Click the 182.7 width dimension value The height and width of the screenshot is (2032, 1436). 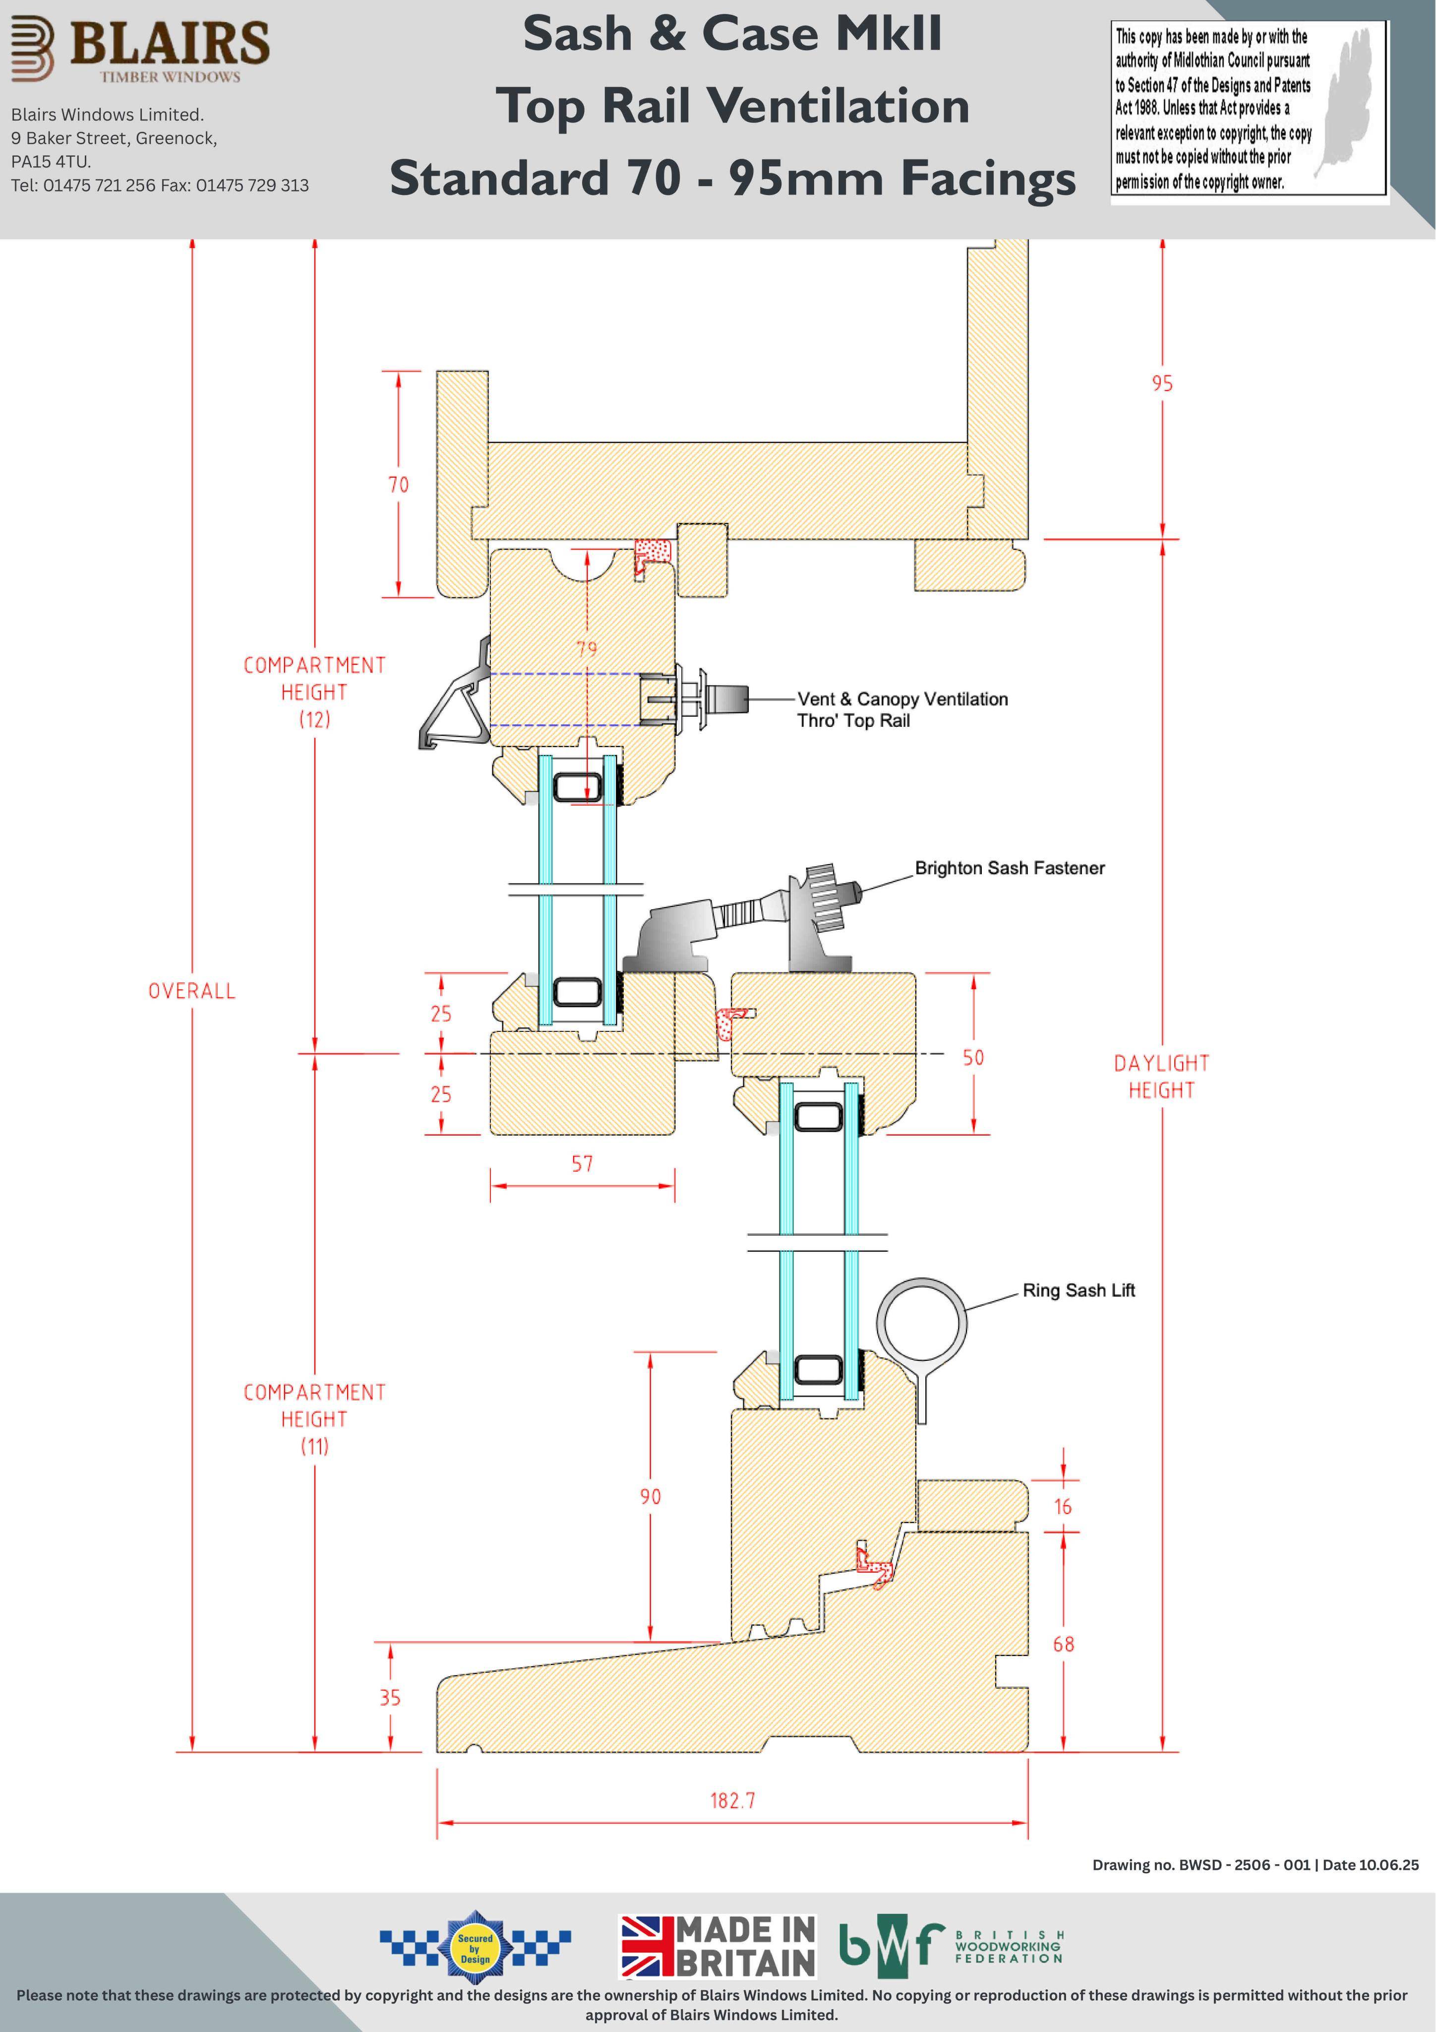click(x=732, y=1800)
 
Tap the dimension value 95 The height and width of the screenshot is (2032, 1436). click(x=1163, y=383)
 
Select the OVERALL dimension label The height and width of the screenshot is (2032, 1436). click(x=192, y=991)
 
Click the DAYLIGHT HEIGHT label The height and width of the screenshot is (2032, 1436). click(x=1162, y=1076)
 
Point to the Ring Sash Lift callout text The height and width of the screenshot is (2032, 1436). click(x=1078, y=1290)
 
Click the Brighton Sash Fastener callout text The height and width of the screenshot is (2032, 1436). click(x=1010, y=868)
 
